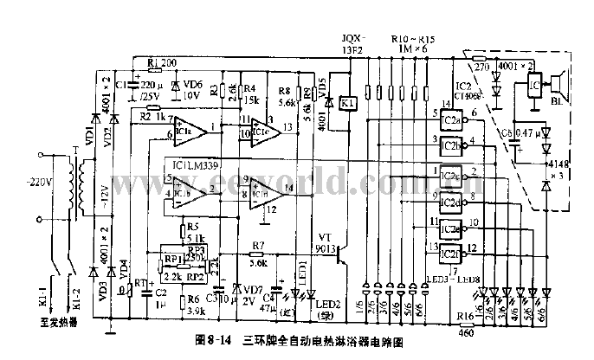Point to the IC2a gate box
pyautogui.click(x=449, y=121)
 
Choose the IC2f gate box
pyautogui.click(x=449, y=254)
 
